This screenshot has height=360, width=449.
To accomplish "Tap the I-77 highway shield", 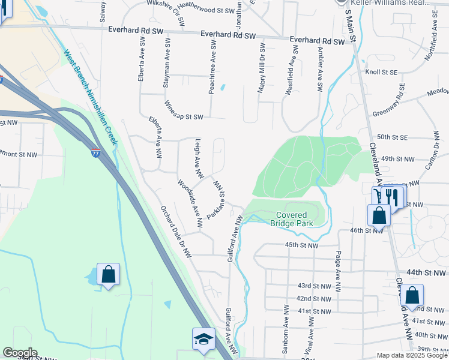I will (x=95, y=154).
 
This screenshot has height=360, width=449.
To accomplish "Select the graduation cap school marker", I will (x=203, y=339).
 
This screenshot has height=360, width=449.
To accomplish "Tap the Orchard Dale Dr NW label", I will (x=174, y=230).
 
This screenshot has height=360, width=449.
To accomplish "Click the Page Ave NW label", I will (x=339, y=272).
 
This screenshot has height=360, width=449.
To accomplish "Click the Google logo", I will (x=20, y=353).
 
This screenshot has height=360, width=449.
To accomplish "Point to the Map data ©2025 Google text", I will (x=411, y=355).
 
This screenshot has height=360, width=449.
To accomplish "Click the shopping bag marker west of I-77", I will (x=108, y=275).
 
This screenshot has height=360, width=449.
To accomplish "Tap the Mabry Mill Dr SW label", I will (x=262, y=67).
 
